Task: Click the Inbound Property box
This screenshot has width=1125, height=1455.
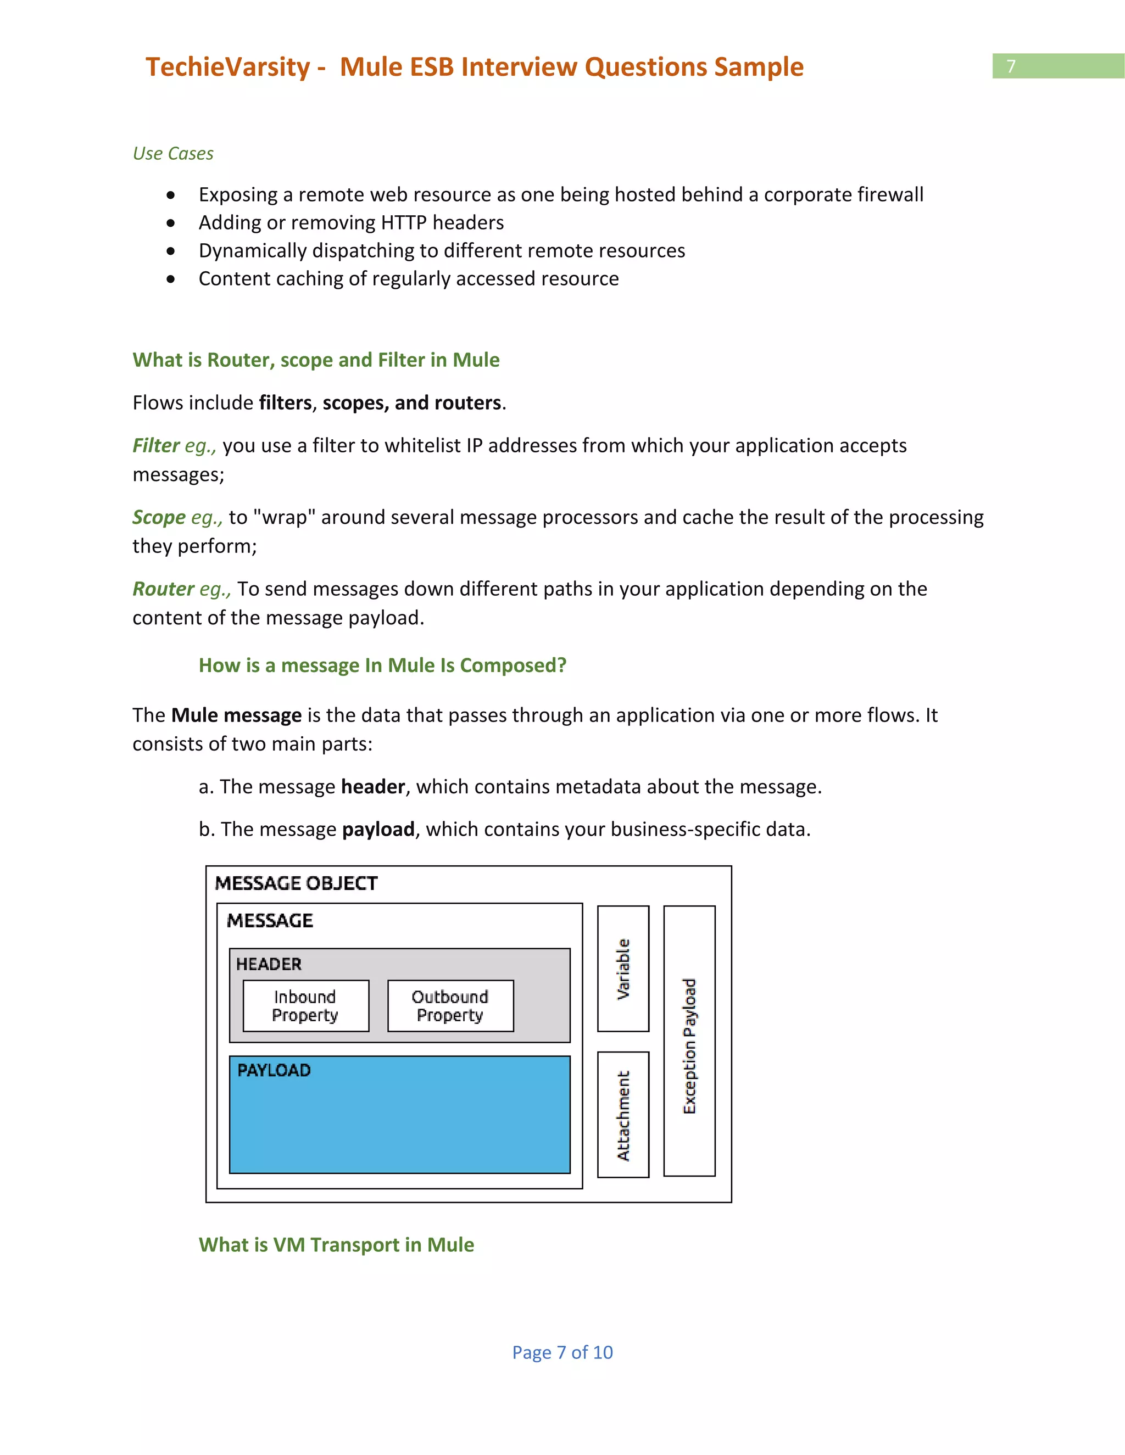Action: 305,1005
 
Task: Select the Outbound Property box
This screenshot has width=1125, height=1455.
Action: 450,1005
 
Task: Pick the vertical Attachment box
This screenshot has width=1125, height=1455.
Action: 622,1115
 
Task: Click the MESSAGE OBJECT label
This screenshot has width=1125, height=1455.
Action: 296,883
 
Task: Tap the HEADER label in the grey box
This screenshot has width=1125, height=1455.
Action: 269,964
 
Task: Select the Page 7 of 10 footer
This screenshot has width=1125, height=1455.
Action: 562,1352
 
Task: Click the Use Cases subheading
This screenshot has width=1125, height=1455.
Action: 172,153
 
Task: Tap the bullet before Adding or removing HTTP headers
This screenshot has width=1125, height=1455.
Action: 171,222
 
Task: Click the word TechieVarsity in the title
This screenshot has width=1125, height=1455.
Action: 228,68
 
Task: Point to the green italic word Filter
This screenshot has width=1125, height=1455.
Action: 156,445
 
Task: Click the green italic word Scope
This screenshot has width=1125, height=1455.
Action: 159,517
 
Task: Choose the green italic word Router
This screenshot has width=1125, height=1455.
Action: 163,589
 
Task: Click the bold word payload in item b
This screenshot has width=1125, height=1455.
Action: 378,830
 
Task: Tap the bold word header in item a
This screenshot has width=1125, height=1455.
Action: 372,787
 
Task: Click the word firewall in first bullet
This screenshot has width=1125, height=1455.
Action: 890,194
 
